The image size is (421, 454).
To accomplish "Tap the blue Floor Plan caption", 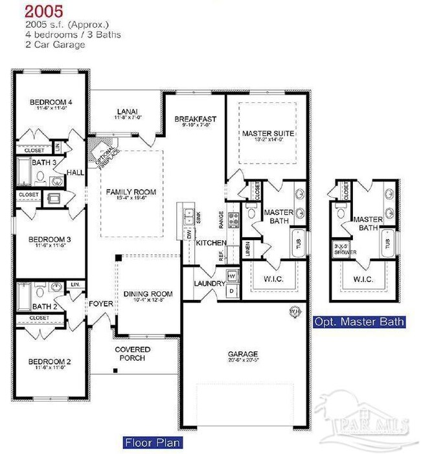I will tap(152, 443).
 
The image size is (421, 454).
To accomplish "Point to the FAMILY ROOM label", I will tap(128, 192).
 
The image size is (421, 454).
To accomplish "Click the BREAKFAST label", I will tap(195, 119).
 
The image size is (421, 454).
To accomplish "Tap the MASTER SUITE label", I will tap(268, 134).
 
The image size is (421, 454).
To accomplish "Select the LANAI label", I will tap(127, 111).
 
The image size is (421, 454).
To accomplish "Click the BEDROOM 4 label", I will tap(51, 102).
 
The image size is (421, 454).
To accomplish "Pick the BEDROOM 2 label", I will tap(50, 362).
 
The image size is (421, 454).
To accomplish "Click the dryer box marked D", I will tap(232, 291).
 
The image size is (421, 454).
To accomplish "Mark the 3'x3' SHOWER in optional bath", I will tap(341, 249).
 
